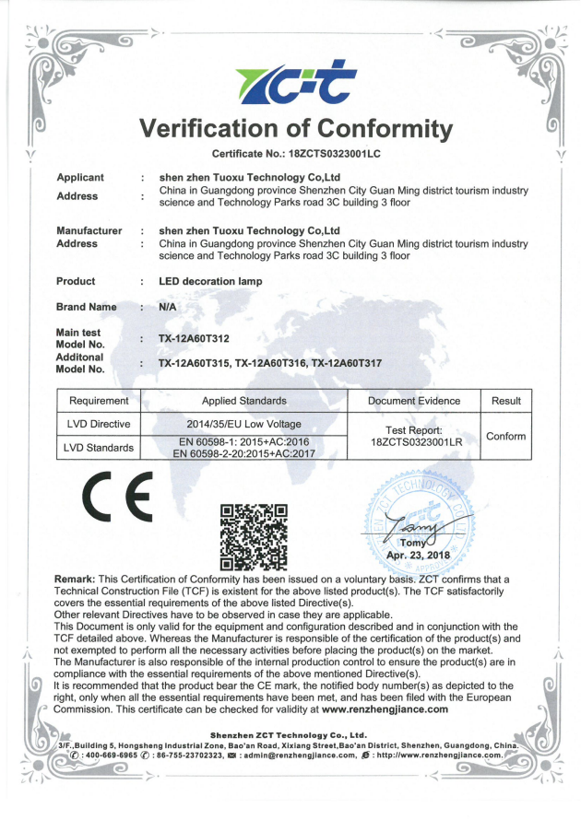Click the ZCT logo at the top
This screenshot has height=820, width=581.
pos(290,81)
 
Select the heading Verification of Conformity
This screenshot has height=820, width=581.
pos(296,128)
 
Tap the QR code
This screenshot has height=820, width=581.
pos(255,536)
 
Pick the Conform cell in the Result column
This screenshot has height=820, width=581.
pos(505,436)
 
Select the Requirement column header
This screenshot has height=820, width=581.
pos(99,401)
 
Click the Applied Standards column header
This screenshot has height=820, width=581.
pos(244,401)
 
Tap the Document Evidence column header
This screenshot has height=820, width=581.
pos(413,401)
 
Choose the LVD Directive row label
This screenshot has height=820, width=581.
pos(99,424)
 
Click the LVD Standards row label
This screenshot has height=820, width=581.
pos(99,448)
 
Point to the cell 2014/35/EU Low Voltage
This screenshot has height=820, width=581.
pos(244,424)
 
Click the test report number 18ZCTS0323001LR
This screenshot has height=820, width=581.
pos(416,443)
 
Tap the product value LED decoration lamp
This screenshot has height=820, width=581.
pos(210,281)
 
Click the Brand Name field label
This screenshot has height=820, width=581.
pos(87,307)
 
